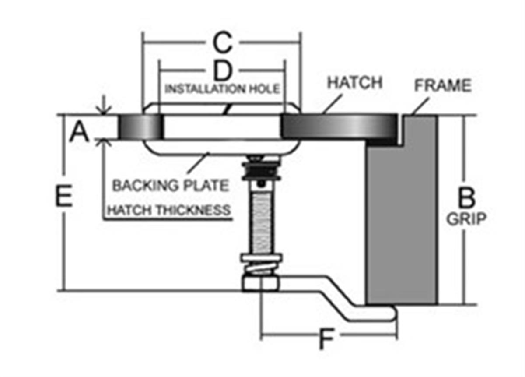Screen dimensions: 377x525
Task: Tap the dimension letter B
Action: coord(466,198)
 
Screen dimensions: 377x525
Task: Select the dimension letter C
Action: coord(222,43)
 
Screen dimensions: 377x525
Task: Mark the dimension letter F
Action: coord(324,339)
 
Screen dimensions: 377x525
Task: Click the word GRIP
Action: coord(466,219)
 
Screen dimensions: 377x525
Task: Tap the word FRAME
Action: coord(443,86)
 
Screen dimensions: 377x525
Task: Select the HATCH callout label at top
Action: coord(355,83)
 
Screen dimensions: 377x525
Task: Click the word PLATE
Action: coord(205,185)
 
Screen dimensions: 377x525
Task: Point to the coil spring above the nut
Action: coord(262,267)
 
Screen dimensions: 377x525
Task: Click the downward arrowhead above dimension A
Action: coord(103,110)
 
